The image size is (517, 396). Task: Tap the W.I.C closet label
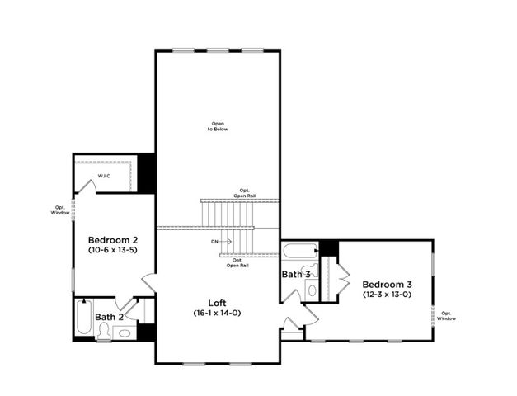pos(105,177)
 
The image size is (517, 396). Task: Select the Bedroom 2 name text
pos(112,239)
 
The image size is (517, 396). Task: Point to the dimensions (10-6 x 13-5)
pos(112,249)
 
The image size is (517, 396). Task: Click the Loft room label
pos(219,302)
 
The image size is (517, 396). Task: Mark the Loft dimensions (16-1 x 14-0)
pos(219,313)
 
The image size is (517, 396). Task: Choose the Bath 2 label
pos(109,317)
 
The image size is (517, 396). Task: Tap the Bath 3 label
pos(296,274)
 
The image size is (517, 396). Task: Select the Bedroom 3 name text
pos(387,283)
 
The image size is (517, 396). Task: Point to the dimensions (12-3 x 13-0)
pos(387,294)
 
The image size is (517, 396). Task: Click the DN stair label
pos(214,242)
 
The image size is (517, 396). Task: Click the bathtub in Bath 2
pos(82,317)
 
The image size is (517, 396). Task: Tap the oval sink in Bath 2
pos(125,332)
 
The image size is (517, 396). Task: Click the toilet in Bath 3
pos(312,290)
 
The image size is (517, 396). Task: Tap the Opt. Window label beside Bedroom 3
pos(447,315)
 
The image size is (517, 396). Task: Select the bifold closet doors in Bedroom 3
pos(340,279)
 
